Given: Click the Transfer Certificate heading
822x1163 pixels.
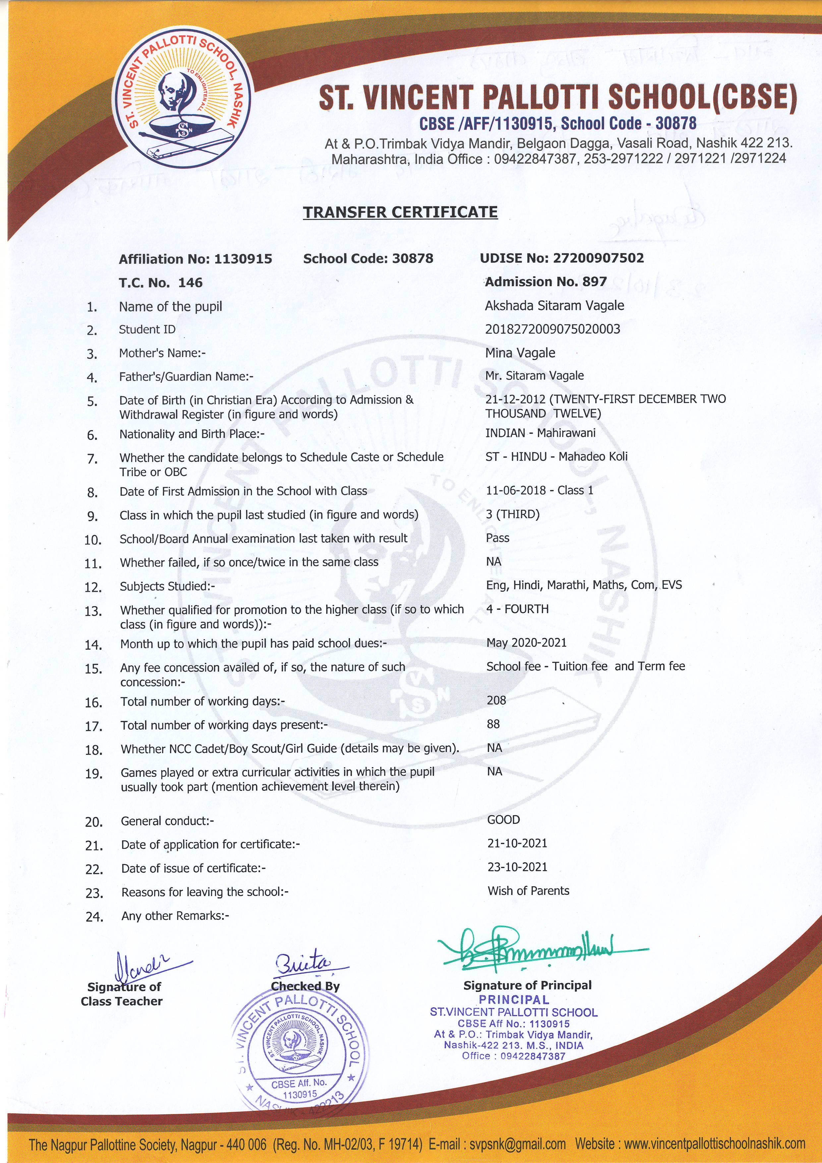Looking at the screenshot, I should [x=400, y=212].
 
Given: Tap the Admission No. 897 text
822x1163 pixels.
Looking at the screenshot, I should [x=546, y=281].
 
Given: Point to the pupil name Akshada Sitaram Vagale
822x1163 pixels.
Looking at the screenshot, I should [x=554, y=305].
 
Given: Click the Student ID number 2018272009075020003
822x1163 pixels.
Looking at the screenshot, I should [x=552, y=329].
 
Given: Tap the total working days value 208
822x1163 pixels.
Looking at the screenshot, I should [x=496, y=700].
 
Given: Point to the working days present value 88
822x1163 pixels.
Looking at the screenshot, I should [x=493, y=724].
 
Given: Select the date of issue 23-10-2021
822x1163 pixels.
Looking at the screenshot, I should [x=517, y=867].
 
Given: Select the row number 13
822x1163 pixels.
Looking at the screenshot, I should [x=93, y=611].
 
